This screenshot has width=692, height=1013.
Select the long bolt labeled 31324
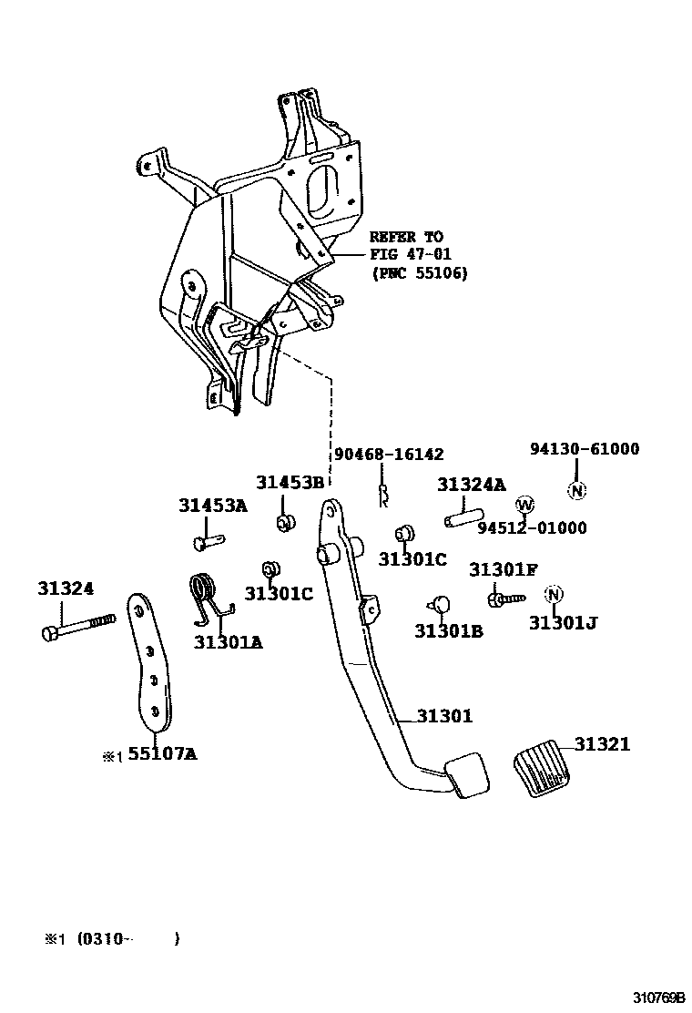77,626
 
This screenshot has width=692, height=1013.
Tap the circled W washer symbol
524,505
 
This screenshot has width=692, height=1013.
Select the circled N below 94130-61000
575,490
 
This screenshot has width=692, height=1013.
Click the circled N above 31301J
553,595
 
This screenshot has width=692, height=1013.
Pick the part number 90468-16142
389,454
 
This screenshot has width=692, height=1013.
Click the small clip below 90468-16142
385,495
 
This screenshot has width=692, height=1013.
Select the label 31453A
212,506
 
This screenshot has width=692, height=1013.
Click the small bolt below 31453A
208,543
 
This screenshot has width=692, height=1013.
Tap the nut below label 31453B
285,522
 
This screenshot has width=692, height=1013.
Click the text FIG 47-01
410,255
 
